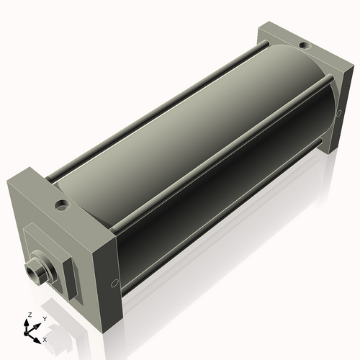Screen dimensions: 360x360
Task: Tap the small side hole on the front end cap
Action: [x=113, y=283]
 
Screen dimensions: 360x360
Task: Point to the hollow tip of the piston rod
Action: [x=31, y=271]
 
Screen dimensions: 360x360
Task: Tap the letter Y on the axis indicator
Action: [x=44, y=318]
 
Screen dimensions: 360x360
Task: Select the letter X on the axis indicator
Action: [x=45, y=338]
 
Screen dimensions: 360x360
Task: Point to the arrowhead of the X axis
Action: [x=38, y=336]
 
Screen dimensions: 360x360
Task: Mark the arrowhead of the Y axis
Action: [x=38, y=323]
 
